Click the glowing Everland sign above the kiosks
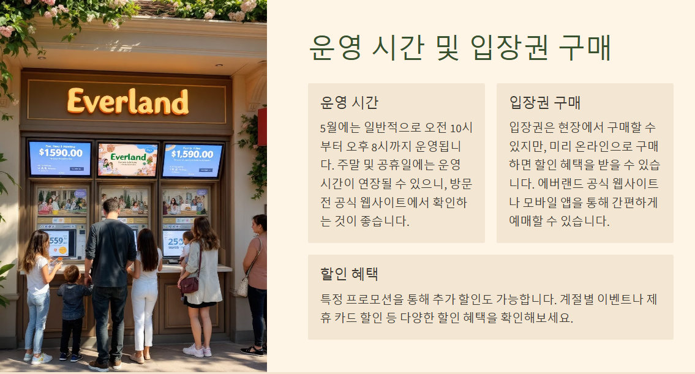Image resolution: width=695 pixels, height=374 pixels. [x=128, y=102]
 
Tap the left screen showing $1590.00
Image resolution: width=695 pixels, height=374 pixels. [x=60, y=159]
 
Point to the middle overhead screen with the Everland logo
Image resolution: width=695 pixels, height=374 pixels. [x=128, y=159]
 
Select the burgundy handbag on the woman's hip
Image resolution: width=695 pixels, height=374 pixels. [x=189, y=285]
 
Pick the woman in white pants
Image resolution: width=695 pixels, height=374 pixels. [x=146, y=288]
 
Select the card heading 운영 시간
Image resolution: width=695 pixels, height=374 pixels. [x=350, y=102]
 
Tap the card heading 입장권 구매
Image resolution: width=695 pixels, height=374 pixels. [x=545, y=102]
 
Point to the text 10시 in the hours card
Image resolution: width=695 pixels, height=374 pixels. [x=461, y=129]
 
